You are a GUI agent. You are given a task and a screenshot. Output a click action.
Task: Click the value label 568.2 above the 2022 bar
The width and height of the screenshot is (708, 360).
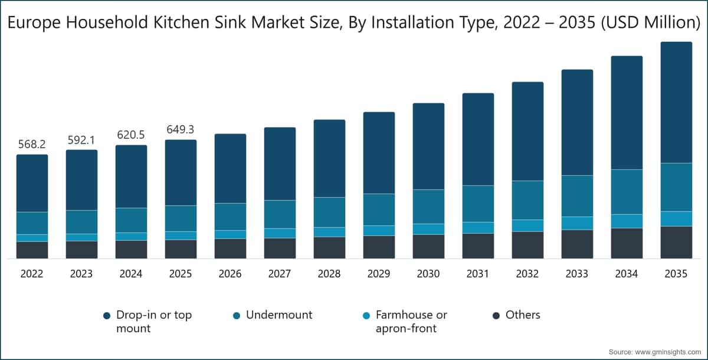pos(32,144)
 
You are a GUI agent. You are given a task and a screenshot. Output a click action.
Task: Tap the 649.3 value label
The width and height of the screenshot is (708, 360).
pos(181,129)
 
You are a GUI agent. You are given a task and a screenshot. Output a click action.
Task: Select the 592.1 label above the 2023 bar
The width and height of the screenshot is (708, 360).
pos(81,139)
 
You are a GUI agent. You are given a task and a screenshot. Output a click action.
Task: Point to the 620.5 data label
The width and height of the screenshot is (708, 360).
pos(131,135)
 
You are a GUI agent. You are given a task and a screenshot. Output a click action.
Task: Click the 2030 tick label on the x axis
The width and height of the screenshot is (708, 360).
pos(428,274)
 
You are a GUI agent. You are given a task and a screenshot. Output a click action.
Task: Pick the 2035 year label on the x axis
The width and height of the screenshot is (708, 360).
pos(676,274)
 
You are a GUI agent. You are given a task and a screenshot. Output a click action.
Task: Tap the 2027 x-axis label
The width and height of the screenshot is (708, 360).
pos(280,274)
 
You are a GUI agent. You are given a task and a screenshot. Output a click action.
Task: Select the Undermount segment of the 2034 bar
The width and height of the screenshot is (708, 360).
pos(627,192)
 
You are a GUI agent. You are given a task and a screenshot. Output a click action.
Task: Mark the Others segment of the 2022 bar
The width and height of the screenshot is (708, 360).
pos(32,250)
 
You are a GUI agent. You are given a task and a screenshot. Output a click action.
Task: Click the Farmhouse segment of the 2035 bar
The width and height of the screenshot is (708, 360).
pos(676,218)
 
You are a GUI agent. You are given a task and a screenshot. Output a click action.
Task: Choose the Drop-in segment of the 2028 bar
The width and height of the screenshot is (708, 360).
pos(329,158)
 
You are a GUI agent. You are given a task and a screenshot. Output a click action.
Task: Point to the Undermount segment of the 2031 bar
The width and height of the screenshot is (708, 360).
pos(478,204)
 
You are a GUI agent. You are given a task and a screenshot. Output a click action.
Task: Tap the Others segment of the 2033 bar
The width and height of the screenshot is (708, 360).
pos(577,244)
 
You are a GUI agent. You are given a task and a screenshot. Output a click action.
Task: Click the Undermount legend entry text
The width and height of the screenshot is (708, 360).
pos(279,315)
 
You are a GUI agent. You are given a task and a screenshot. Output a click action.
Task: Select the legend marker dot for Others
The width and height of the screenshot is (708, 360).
pos(496,316)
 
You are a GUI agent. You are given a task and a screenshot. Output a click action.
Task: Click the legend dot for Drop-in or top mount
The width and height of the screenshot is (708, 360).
pos(106,316)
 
